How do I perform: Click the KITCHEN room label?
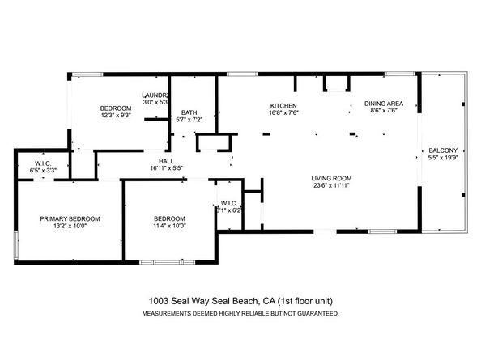click(283, 106)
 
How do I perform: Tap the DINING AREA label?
click(383, 104)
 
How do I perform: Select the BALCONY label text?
click(443, 150)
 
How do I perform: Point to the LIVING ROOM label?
click(332, 178)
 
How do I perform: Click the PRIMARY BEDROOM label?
click(70, 218)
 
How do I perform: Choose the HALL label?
click(167, 160)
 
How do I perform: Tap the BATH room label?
click(189, 112)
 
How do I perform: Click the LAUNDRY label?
click(155, 95)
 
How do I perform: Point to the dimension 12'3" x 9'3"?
click(116, 116)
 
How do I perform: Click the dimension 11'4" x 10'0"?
click(170, 227)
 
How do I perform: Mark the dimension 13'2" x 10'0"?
click(70, 227)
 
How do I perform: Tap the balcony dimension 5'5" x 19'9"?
click(443, 158)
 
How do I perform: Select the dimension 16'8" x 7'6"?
click(283, 114)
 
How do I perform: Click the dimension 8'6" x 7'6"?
click(383, 112)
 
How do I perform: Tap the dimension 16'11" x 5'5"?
click(167, 168)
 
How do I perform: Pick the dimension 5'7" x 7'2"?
click(189, 121)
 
